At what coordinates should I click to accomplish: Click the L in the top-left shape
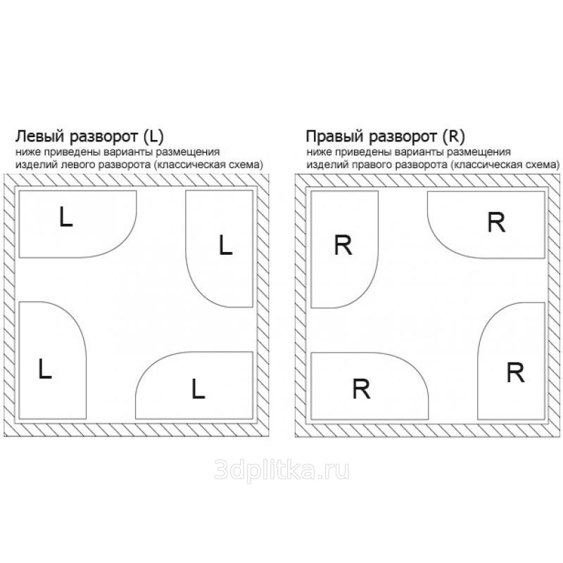point(65,217)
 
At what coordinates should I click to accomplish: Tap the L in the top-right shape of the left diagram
point(225,245)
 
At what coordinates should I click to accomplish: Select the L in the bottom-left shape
point(45,368)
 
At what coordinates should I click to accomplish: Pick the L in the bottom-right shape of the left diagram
point(198,388)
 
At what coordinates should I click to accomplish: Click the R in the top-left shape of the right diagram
point(343,245)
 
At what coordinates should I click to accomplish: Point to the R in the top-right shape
point(496,222)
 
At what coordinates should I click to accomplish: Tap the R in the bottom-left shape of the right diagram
point(361,388)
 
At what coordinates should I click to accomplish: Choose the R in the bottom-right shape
point(515,372)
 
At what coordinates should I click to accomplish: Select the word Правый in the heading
point(335,137)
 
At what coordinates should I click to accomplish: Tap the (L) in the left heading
point(153,137)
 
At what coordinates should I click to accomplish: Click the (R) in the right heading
point(454,137)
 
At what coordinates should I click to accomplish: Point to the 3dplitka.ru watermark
point(281,469)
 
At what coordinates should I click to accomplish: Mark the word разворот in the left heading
point(104,137)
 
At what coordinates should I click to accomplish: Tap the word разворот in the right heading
point(403,137)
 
